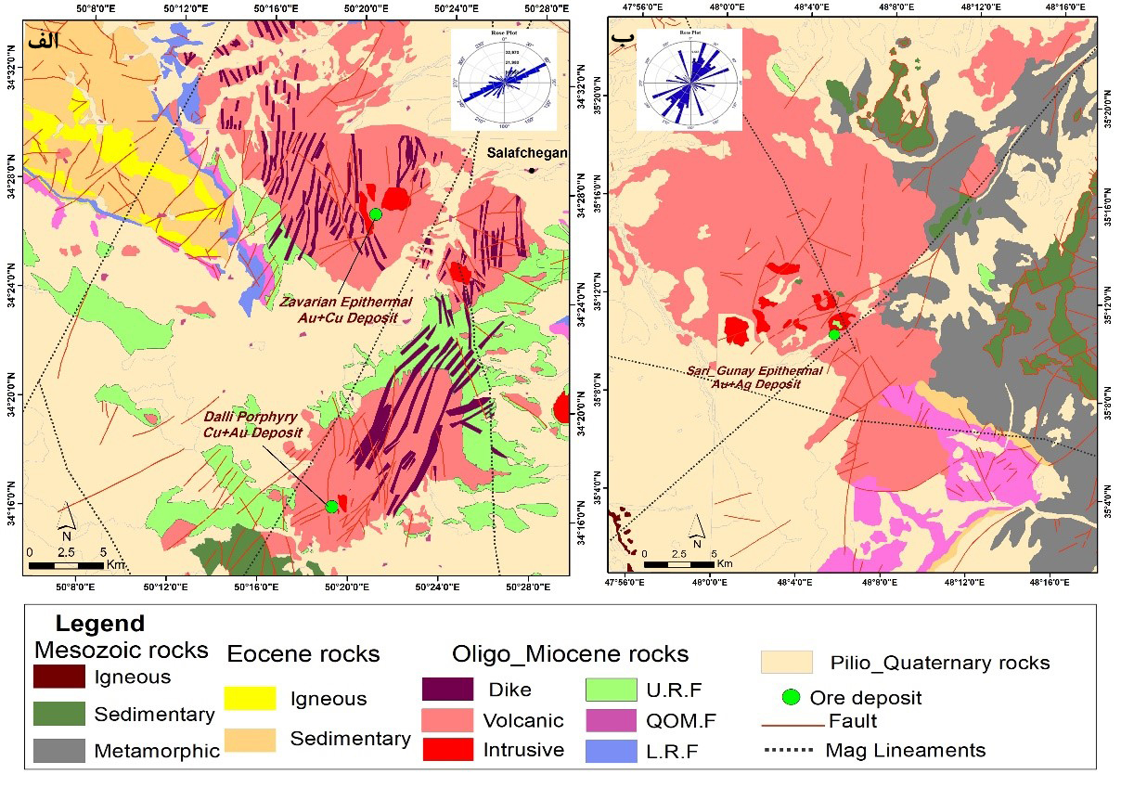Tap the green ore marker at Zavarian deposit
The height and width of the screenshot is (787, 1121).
(x=376, y=214)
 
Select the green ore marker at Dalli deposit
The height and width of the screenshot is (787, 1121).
(x=332, y=506)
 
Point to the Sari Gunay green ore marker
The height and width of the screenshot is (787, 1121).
(x=834, y=333)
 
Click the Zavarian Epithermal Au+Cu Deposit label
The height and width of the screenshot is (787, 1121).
(x=338, y=310)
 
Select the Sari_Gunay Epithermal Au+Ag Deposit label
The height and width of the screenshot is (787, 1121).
(x=754, y=377)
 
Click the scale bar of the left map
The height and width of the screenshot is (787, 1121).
(x=67, y=564)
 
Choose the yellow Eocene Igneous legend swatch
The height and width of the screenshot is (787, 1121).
(x=251, y=698)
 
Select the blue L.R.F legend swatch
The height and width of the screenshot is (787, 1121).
(x=611, y=750)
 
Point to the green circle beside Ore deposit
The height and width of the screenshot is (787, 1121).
(x=792, y=697)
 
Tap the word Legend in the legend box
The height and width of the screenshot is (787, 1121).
(x=100, y=623)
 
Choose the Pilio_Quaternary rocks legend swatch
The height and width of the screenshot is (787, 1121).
(x=786, y=662)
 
